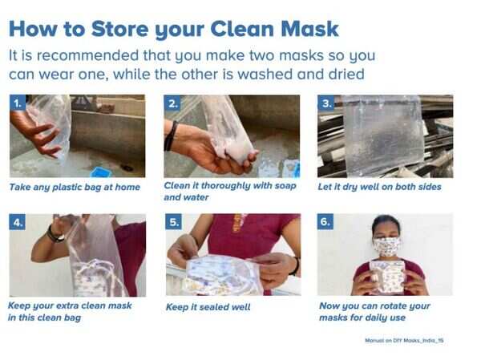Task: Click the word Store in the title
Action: pos(119,29)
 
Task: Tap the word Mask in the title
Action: pos(310,29)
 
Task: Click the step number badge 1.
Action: pos(18,103)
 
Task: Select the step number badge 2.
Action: pos(172,103)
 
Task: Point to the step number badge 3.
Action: pos(326,103)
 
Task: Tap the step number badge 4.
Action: pos(18,221)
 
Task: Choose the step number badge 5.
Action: pos(174,221)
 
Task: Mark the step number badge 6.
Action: pos(325,221)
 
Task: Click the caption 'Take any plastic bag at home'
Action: pos(75,187)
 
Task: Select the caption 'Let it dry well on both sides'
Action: pos(379,187)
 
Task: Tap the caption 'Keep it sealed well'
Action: pos(208,307)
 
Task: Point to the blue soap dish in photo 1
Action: pos(100,172)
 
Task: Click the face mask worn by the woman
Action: pos(387,246)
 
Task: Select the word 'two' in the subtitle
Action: pos(261,55)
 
